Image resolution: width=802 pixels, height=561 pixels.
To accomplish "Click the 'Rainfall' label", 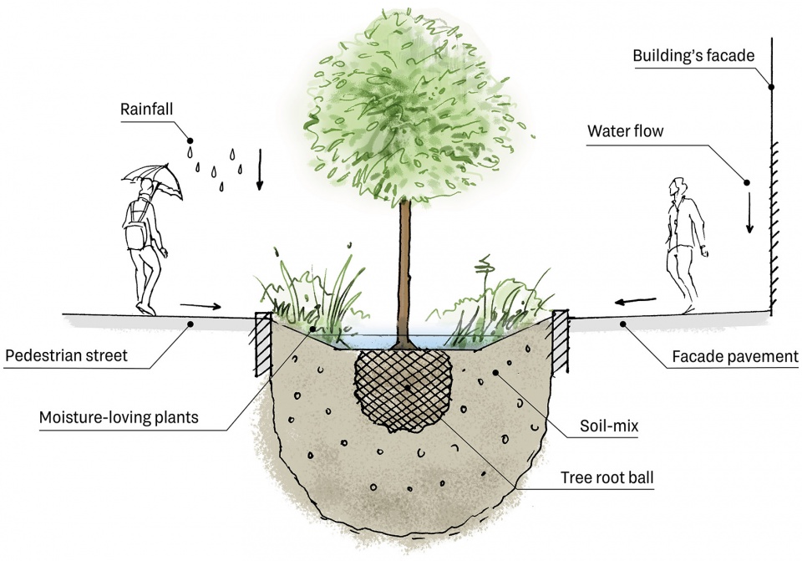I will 145,109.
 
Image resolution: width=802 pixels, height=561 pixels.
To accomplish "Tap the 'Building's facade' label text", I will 693,56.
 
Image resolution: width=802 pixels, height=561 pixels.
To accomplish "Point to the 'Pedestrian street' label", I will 66,355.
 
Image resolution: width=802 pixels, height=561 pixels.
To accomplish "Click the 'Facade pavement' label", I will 734,357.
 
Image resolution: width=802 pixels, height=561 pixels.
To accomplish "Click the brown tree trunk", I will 406,268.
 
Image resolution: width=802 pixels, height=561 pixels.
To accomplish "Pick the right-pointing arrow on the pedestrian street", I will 200,306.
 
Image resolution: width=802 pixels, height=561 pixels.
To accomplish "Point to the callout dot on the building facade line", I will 771,86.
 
